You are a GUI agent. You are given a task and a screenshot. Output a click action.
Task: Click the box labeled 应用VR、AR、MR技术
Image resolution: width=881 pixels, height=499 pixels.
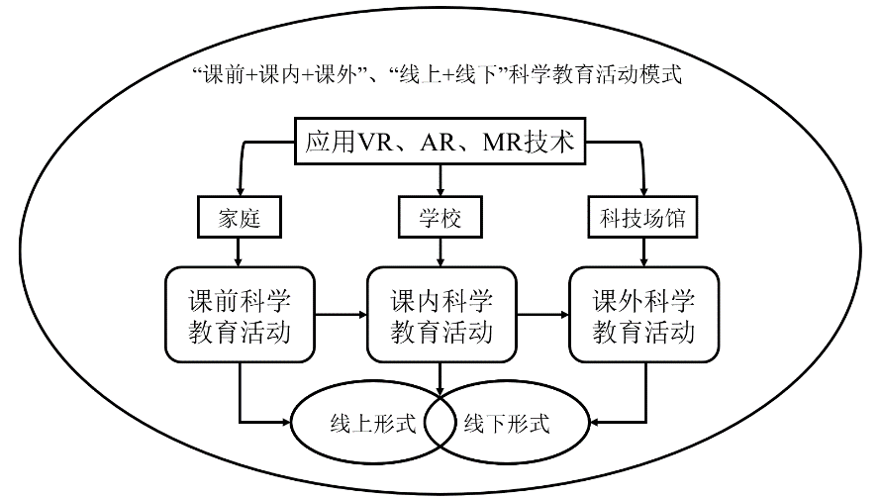tap(440, 141)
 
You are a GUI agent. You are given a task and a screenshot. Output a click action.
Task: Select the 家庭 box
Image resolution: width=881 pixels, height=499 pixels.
tap(239, 217)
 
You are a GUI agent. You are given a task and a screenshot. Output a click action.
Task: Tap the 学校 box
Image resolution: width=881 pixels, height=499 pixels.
tap(440, 217)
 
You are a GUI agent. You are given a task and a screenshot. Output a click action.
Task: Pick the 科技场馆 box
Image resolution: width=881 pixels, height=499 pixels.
tap(642, 217)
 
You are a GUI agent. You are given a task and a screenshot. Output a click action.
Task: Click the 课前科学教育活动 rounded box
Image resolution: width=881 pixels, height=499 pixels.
tap(240, 315)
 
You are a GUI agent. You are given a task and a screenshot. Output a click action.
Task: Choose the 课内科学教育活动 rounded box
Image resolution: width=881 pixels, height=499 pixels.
tap(441, 315)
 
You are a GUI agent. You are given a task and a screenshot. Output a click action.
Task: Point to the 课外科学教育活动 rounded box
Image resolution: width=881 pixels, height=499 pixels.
tap(643, 315)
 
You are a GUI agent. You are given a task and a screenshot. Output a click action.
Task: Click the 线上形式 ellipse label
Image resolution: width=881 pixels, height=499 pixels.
tap(373, 424)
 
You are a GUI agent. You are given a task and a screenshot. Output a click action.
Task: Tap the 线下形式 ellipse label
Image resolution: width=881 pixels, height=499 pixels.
tap(507, 424)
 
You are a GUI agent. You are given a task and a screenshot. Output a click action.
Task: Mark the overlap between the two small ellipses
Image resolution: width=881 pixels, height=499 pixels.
tap(440, 423)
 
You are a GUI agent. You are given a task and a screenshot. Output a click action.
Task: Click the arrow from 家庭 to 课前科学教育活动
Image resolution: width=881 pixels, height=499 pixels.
tap(239, 252)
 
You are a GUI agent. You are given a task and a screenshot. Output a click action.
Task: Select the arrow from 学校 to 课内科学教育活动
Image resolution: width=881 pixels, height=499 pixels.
tap(440, 252)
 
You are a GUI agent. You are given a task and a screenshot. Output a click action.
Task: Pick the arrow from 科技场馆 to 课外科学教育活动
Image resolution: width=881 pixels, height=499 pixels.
tap(643, 252)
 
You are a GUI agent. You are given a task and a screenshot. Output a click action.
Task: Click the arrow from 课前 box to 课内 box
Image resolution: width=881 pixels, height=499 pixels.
tap(342, 315)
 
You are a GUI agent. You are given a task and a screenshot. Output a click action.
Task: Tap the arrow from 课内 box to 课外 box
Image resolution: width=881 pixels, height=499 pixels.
tap(542, 315)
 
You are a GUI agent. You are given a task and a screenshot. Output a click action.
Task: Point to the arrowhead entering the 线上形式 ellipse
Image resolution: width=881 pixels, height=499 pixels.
tap(285, 422)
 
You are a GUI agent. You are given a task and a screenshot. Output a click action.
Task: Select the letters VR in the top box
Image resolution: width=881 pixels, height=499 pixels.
tap(375, 143)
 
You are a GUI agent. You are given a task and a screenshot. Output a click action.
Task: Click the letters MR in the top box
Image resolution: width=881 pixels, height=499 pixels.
tap(503, 143)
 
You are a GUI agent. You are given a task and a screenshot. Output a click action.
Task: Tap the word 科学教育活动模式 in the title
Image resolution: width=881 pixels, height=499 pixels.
tap(595, 74)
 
